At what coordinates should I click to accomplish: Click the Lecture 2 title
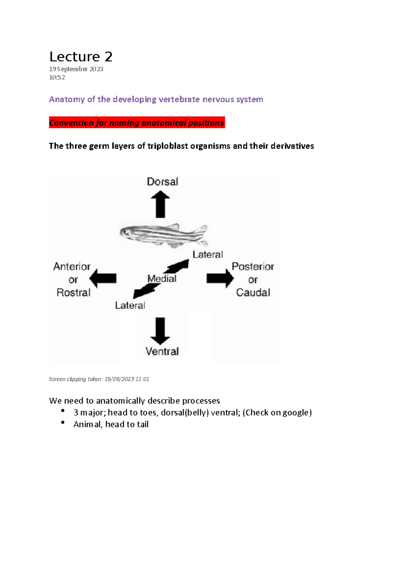81,56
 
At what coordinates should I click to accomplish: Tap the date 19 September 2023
76,69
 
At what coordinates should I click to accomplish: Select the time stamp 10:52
57,77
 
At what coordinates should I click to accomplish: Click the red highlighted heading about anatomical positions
137,123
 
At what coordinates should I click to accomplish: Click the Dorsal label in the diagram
162,182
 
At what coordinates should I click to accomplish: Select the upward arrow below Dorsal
160,204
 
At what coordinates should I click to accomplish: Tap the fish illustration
164,234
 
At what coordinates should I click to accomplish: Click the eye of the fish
126,232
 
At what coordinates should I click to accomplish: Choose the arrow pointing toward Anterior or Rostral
103,278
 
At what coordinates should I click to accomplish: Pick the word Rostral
74,292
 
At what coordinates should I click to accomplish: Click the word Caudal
253,292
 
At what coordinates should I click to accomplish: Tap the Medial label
162,279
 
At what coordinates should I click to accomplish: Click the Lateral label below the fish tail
208,255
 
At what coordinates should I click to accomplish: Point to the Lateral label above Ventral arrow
130,305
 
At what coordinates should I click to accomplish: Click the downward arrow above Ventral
160,331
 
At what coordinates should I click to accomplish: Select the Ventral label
162,352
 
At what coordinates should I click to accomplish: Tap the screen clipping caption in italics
99,379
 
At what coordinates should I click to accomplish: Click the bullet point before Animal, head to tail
62,423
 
